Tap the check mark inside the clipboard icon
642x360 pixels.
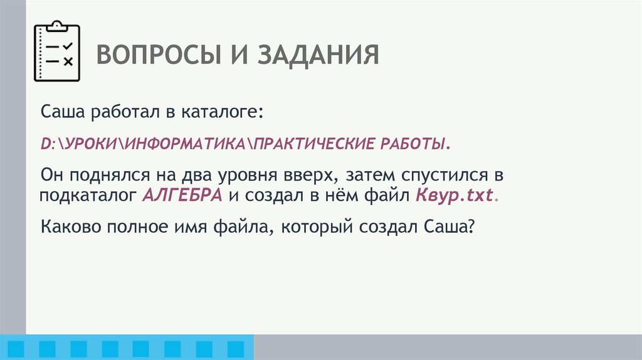tap(68, 46)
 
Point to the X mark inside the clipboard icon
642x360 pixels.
tap(68, 61)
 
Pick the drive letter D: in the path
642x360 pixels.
tap(48, 144)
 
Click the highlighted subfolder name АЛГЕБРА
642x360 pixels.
tap(182, 194)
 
